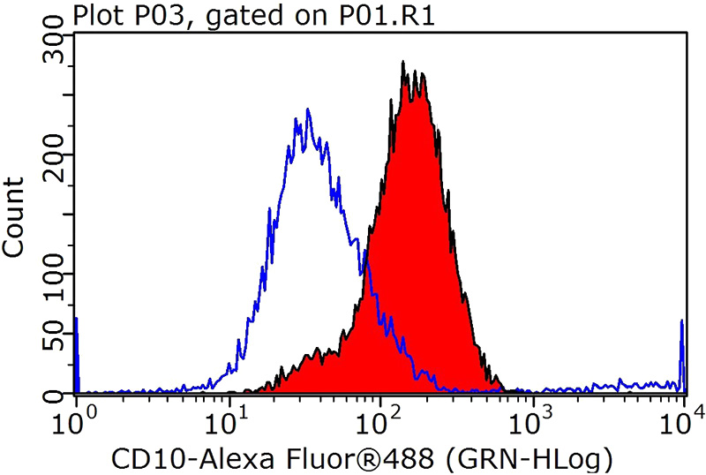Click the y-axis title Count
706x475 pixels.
coord(14,216)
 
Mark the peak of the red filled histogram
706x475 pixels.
coord(403,64)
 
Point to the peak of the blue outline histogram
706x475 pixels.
coord(307,110)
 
